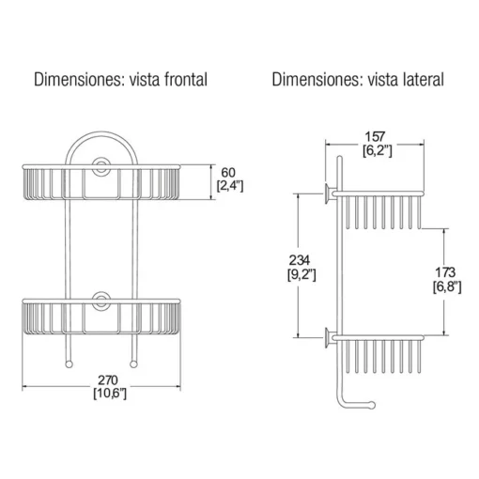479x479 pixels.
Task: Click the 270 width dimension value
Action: click(x=108, y=380)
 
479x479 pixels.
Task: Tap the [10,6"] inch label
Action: click(x=110, y=394)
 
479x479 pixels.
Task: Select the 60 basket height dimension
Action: click(x=228, y=173)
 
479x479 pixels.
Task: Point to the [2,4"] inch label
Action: click(x=230, y=186)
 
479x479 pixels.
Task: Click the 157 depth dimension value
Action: click(x=375, y=137)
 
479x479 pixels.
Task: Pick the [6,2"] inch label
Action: click(x=378, y=151)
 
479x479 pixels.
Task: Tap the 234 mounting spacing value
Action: click(x=300, y=260)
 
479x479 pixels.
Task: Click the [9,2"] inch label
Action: click(x=301, y=274)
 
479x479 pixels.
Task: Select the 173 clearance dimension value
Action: click(x=445, y=272)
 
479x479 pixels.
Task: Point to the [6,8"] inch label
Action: click(x=447, y=286)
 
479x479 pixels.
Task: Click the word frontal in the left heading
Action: click(x=186, y=80)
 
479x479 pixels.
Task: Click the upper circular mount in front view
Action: click(x=100, y=164)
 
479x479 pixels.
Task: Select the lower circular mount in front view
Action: click(x=100, y=301)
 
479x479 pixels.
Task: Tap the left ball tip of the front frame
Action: click(x=69, y=364)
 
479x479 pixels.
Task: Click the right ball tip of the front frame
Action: click(x=133, y=364)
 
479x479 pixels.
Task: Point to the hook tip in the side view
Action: click(x=371, y=405)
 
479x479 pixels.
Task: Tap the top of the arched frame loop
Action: click(x=101, y=133)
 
